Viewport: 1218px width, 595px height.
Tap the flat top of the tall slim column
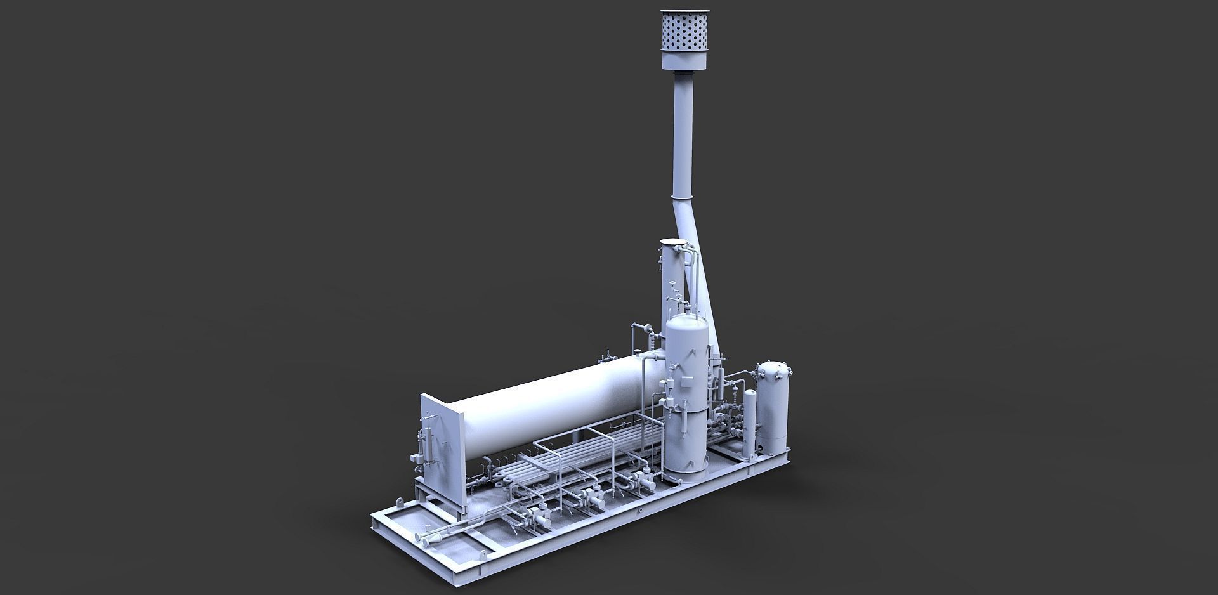tap(673, 242)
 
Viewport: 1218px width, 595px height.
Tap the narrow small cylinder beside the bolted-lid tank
tap(750, 419)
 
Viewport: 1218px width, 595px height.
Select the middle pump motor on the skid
tap(595, 501)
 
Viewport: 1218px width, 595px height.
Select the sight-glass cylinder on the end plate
tap(426, 444)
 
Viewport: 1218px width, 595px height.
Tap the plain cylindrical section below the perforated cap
tap(685, 60)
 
